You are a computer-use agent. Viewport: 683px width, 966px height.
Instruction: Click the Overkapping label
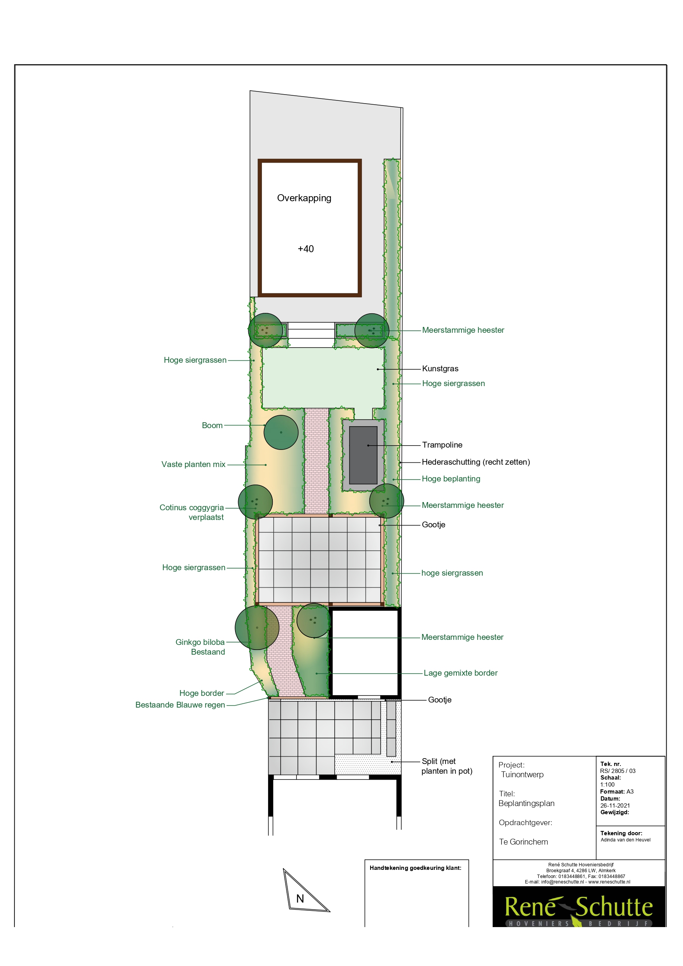tap(304, 198)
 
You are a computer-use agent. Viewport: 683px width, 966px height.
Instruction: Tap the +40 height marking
tap(306, 249)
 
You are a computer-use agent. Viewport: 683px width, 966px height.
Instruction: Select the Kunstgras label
tap(440, 369)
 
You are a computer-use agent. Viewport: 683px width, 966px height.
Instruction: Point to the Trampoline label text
tap(442, 445)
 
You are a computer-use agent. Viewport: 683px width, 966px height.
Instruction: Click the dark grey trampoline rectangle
tap(363, 455)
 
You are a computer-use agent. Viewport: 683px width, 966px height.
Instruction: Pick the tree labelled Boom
tap(281, 432)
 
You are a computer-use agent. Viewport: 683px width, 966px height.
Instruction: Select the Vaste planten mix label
tap(193, 464)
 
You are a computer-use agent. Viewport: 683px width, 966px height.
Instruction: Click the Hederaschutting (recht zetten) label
tap(476, 462)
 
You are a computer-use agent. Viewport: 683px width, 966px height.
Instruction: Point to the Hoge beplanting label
tap(451, 479)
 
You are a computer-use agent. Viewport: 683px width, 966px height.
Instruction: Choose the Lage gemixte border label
tap(460, 673)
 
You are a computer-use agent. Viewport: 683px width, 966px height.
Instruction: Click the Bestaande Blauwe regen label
tap(180, 705)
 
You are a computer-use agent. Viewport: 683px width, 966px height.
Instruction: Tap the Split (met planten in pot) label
tap(446, 766)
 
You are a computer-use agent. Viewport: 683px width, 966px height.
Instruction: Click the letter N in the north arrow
tap(300, 899)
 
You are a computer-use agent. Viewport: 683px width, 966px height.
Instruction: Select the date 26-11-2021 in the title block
tap(615, 805)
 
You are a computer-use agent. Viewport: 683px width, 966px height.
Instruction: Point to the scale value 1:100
tap(607, 784)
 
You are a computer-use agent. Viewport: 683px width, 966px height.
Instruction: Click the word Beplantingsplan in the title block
tap(527, 803)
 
